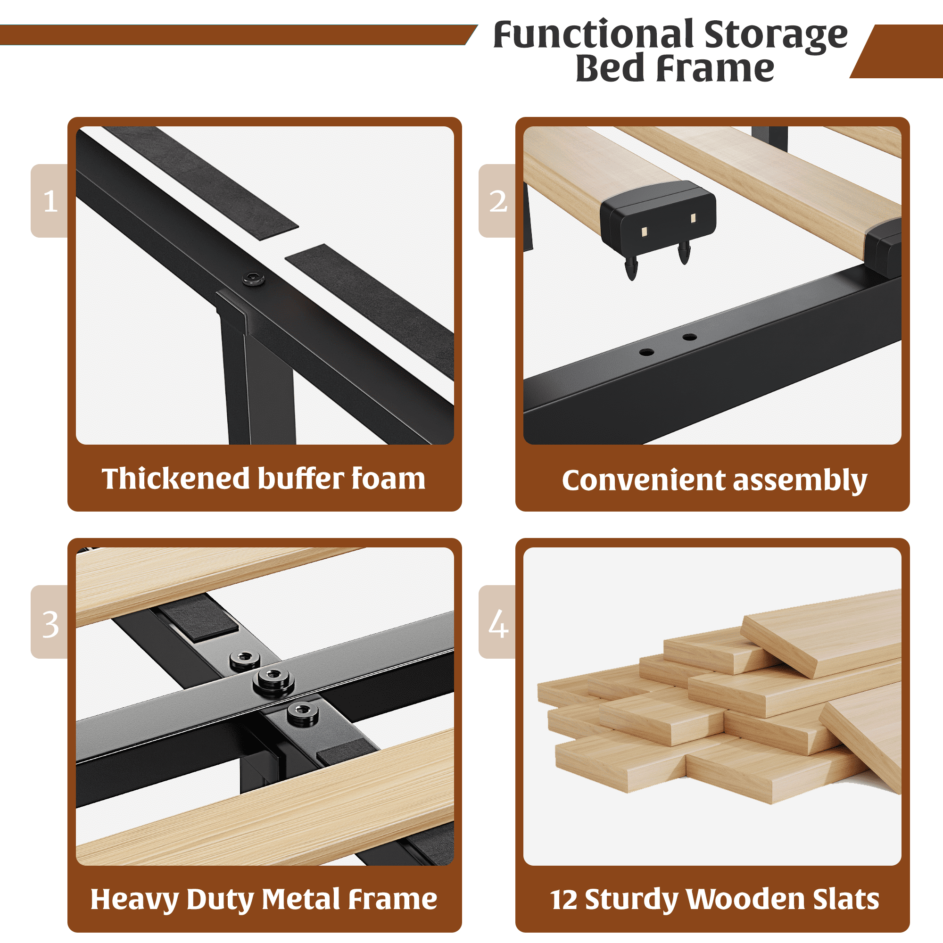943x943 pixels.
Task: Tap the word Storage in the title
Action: [x=776, y=36]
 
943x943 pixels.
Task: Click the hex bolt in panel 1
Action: [x=254, y=279]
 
